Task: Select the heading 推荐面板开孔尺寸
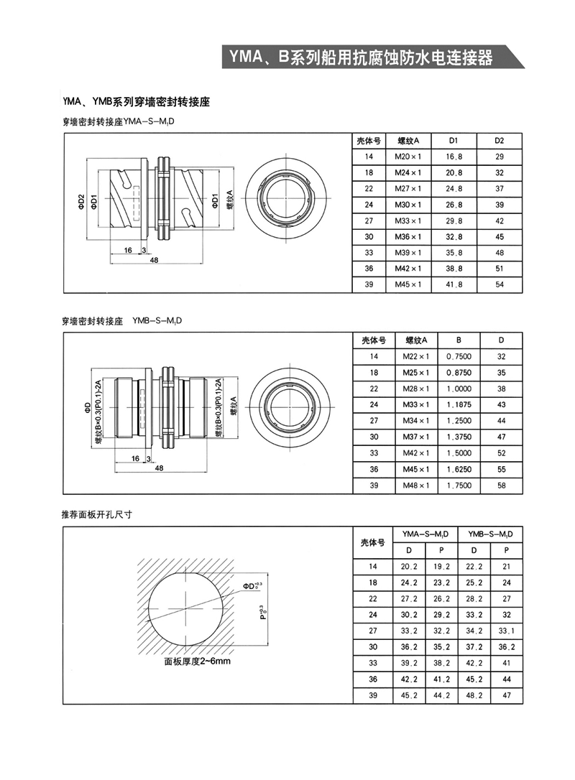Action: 96,515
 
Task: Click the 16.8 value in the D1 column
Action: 454,156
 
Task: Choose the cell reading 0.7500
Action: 459,356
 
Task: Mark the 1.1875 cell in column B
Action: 459,404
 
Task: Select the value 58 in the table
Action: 502,485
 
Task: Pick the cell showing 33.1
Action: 507,631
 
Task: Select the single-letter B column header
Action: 459,340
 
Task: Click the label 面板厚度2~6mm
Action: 197,661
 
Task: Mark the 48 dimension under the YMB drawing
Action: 158,468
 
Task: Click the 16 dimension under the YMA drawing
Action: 127,250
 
